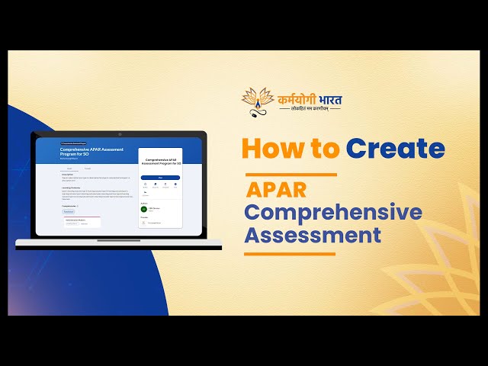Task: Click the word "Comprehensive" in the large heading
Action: coord(333,212)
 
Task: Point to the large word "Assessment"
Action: coord(313,234)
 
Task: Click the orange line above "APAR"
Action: coord(291,175)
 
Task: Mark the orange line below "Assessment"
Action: coord(290,254)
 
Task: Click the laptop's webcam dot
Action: coord(120,134)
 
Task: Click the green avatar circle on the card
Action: coord(143,208)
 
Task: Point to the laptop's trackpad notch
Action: coord(119,240)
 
